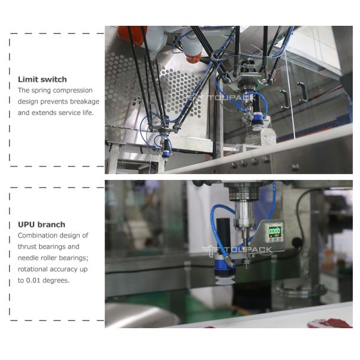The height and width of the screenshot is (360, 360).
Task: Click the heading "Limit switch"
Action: click(x=43, y=79)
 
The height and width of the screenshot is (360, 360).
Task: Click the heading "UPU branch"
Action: click(x=41, y=224)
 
